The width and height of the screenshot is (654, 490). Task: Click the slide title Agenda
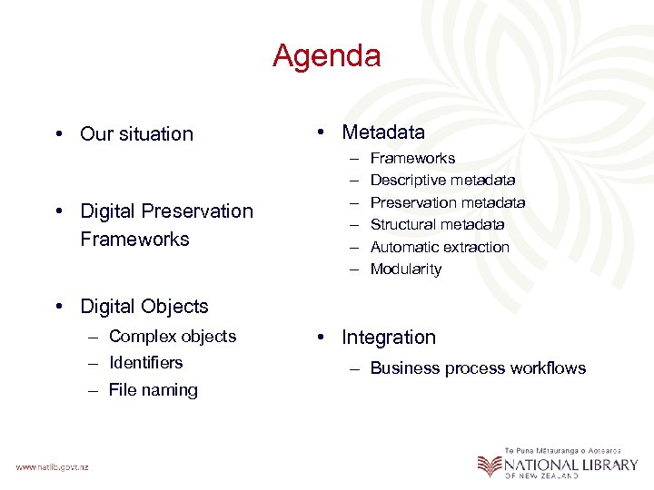pyautogui.click(x=326, y=56)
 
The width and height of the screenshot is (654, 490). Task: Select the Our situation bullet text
pyautogui.click(x=136, y=134)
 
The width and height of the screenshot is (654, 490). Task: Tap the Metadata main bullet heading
pyautogui.click(x=382, y=132)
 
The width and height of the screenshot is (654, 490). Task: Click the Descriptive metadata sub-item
pyautogui.click(x=442, y=181)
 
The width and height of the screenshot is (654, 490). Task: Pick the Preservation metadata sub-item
pyautogui.click(x=448, y=202)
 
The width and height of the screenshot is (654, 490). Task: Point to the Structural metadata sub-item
pyautogui.click(x=437, y=224)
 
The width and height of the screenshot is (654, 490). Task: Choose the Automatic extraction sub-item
pyautogui.click(x=440, y=247)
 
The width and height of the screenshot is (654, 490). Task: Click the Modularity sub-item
pyautogui.click(x=406, y=269)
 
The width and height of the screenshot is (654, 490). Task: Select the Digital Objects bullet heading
pyautogui.click(x=144, y=307)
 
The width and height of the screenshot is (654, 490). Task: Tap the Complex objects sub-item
pyautogui.click(x=172, y=336)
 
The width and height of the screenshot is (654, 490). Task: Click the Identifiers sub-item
pyautogui.click(x=145, y=362)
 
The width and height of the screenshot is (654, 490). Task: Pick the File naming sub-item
pyautogui.click(x=153, y=390)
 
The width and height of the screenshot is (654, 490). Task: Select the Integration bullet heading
pyautogui.click(x=388, y=338)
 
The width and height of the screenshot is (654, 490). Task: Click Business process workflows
pyautogui.click(x=478, y=367)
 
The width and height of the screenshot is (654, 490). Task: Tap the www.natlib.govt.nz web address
pyautogui.click(x=52, y=466)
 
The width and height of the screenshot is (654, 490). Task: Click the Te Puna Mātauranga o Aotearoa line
pyautogui.click(x=563, y=449)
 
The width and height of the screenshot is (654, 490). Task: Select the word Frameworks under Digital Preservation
pyautogui.click(x=134, y=240)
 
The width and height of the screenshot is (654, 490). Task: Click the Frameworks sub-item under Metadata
pyautogui.click(x=412, y=158)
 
